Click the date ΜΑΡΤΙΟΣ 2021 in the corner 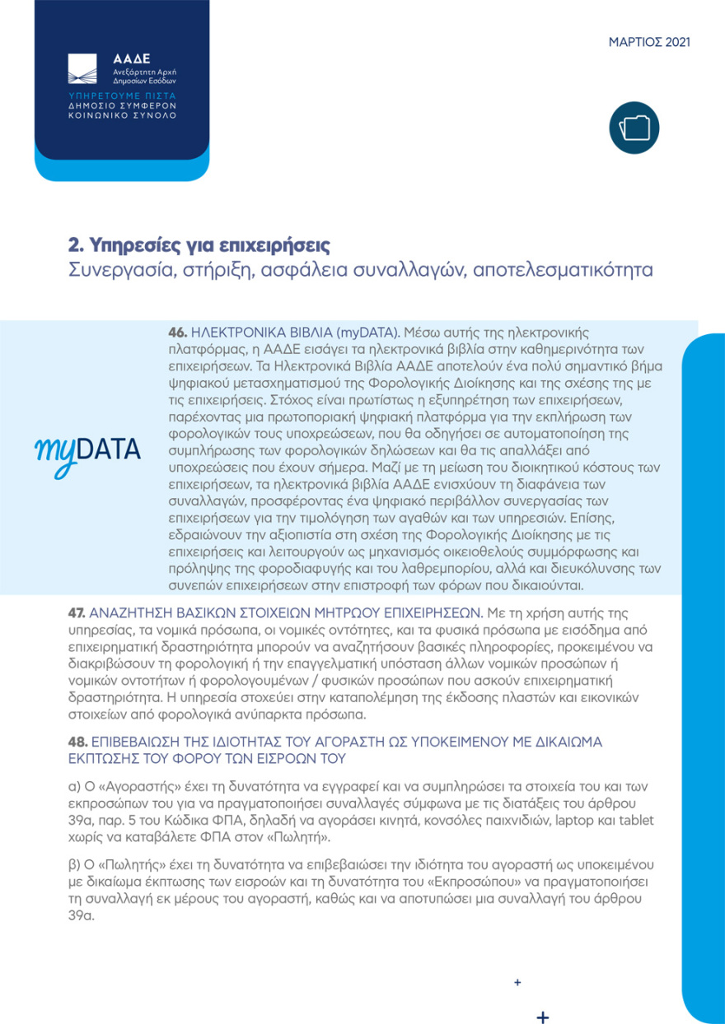click(x=649, y=42)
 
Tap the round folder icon click(x=634, y=128)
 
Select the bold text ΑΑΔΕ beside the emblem click(x=132, y=59)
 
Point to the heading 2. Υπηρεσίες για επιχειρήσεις click(x=199, y=245)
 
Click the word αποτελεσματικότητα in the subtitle click(x=563, y=270)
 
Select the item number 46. click(x=178, y=333)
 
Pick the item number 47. click(x=77, y=613)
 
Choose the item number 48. click(x=77, y=742)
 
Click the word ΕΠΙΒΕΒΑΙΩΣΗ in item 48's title click(x=140, y=742)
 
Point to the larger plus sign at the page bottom click(x=542, y=1015)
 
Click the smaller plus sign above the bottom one click(x=517, y=982)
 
